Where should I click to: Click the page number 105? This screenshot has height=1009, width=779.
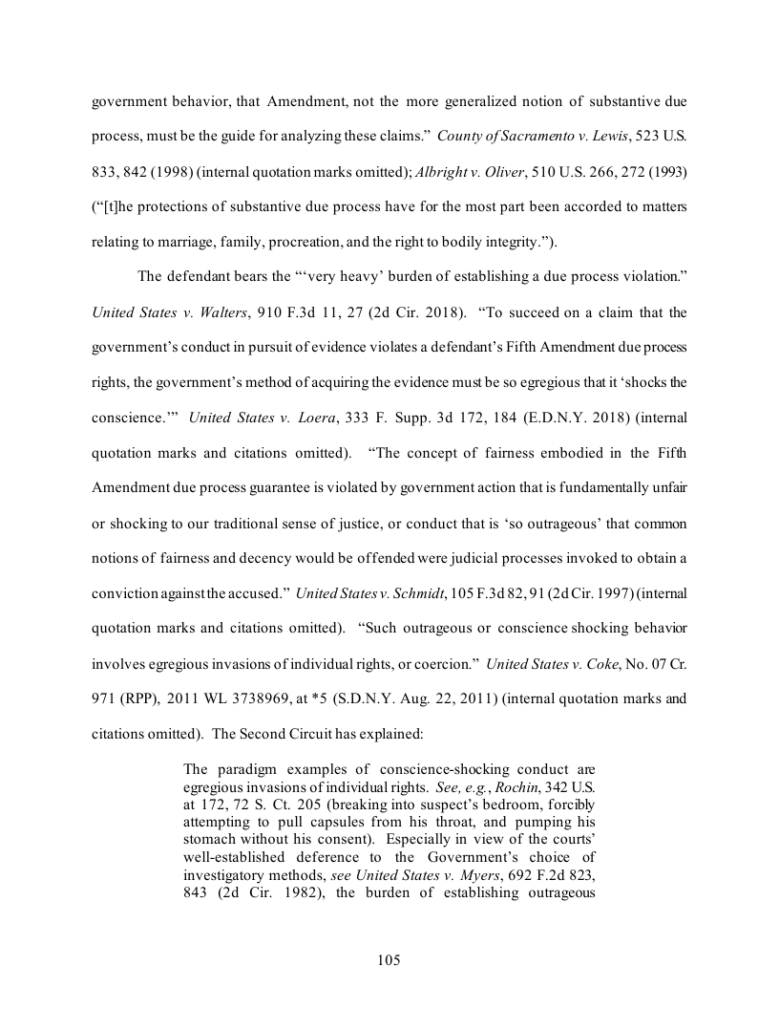coord(389,959)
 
